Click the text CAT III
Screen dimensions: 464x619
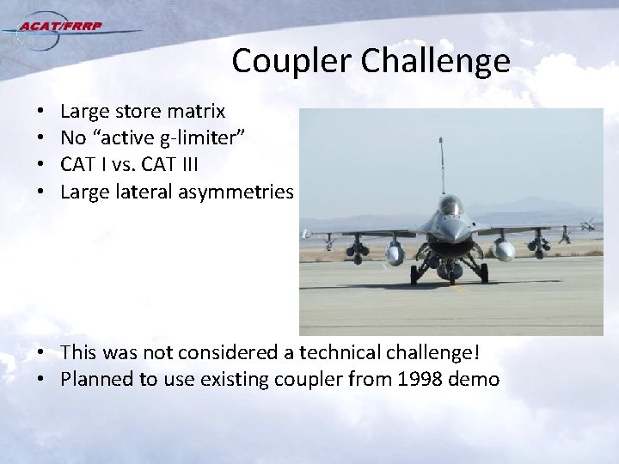coord(175,165)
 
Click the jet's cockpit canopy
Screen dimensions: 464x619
coord(450,206)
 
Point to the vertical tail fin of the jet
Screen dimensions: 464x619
coord(442,168)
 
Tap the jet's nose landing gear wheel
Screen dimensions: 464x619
coord(450,272)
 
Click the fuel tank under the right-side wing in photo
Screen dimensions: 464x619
coord(504,250)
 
